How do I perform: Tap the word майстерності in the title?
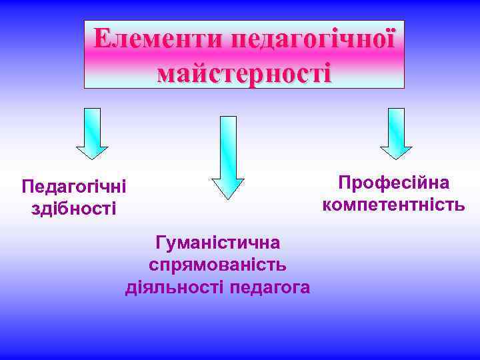[x=244, y=71]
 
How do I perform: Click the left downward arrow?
[x=91, y=133]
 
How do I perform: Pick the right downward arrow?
[x=396, y=133]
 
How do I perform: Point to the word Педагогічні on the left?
[x=73, y=187]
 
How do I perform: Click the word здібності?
[x=73, y=209]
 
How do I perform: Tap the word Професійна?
[x=393, y=183]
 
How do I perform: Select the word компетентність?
[x=393, y=204]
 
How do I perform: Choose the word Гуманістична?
[x=217, y=242]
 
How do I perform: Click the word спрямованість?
[x=217, y=265]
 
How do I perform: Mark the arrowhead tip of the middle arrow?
[x=228, y=198]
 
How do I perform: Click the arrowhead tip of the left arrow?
[x=91, y=158]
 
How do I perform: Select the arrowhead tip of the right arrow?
[x=396, y=158]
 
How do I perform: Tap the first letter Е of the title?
[x=102, y=39]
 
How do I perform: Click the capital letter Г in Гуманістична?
[x=160, y=242]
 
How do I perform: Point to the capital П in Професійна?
[x=345, y=183]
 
